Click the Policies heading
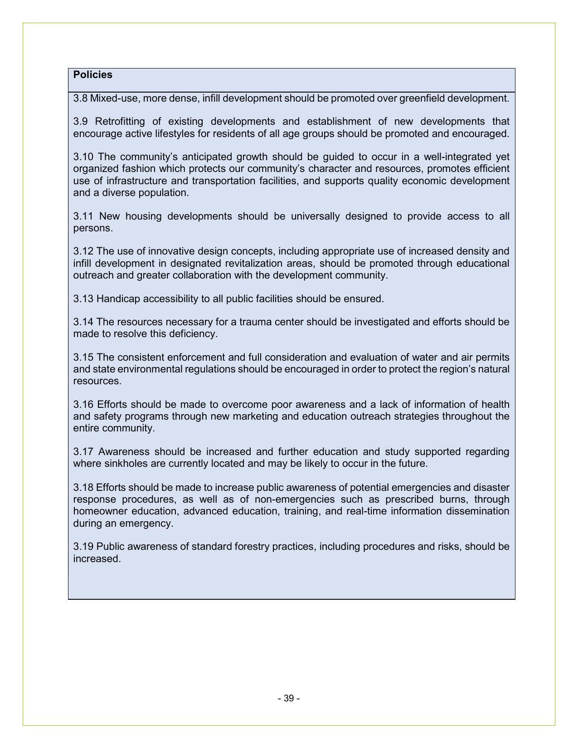click(92, 75)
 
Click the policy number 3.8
click(80, 98)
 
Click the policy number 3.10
click(83, 157)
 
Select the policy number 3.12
click(83, 251)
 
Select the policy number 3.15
click(83, 357)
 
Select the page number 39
click(289, 699)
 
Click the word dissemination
click(479, 511)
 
